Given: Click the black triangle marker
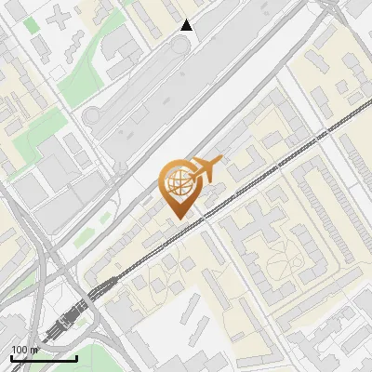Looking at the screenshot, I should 187,25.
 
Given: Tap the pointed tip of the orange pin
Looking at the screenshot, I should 179,219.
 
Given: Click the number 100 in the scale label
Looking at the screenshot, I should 20,350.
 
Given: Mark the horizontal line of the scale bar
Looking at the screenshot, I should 44,358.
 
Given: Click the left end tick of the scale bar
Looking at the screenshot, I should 11,356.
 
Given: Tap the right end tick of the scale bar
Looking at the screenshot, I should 76,356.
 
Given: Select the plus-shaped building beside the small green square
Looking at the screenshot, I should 59,17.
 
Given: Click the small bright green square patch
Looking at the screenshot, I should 34,23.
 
